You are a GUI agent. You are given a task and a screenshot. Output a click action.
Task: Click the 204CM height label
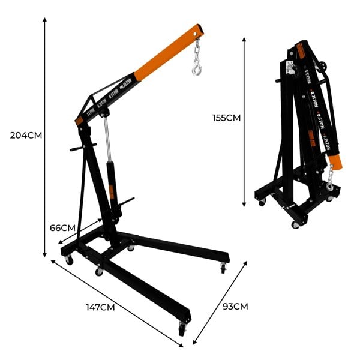[26, 134]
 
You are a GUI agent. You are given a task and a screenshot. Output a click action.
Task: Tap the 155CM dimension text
[226, 118]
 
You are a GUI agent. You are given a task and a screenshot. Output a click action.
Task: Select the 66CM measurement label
[62, 228]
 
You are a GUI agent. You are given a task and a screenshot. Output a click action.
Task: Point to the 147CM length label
[100, 308]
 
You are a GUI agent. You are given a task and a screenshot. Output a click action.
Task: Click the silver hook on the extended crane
[197, 71]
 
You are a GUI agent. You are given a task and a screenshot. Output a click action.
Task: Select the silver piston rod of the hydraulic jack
[107, 138]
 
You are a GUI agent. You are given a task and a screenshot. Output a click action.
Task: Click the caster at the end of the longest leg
[182, 328]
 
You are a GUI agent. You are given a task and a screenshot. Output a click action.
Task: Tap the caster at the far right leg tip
[224, 268]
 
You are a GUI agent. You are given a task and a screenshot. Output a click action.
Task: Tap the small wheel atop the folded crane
[324, 67]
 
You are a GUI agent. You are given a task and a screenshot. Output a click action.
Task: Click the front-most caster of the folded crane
[295, 225]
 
